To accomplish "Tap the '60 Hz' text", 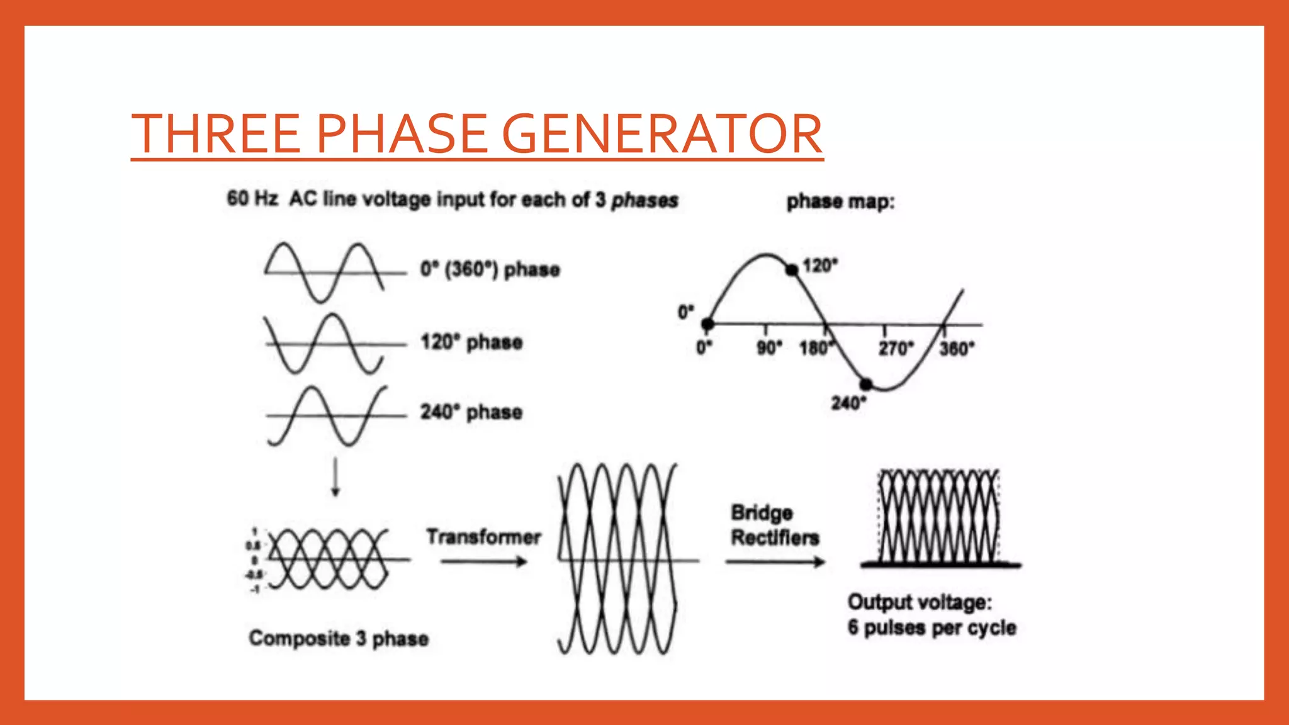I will tap(252, 199).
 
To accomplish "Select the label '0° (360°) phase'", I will tap(490, 269).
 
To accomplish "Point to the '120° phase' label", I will tap(471, 342).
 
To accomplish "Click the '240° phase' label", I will tap(471, 412).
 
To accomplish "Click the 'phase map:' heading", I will tap(840, 202).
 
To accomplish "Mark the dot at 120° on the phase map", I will tap(792, 269).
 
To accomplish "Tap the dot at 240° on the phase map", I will tap(866, 384).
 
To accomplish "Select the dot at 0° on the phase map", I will tap(707, 324).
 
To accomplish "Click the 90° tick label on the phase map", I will tap(769, 348).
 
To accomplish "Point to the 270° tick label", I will tap(895, 348).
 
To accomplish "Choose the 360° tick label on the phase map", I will tap(957, 348).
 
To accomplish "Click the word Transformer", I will tap(483, 537).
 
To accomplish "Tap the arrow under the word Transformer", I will tap(483, 561).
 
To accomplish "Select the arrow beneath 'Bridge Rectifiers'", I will tap(775, 562).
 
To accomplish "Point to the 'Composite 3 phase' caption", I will tap(339, 638).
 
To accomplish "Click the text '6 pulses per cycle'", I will tap(932, 627).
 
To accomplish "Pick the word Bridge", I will tap(762, 513).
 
